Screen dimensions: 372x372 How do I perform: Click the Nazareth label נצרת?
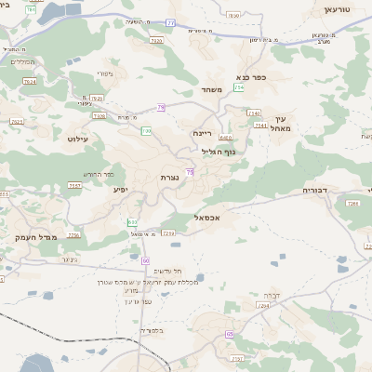pyautogui.click(x=169, y=177)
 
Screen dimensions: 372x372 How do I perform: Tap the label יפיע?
pyautogui.click(x=120, y=190)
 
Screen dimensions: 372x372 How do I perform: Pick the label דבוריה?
pyautogui.click(x=315, y=191)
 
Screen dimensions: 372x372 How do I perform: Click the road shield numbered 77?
pyautogui.click(x=170, y=22)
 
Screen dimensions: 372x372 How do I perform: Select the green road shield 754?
pyautogui.click(x=240, y=87)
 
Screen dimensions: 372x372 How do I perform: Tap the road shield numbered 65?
pyautogui.click(x=229, y=333)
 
